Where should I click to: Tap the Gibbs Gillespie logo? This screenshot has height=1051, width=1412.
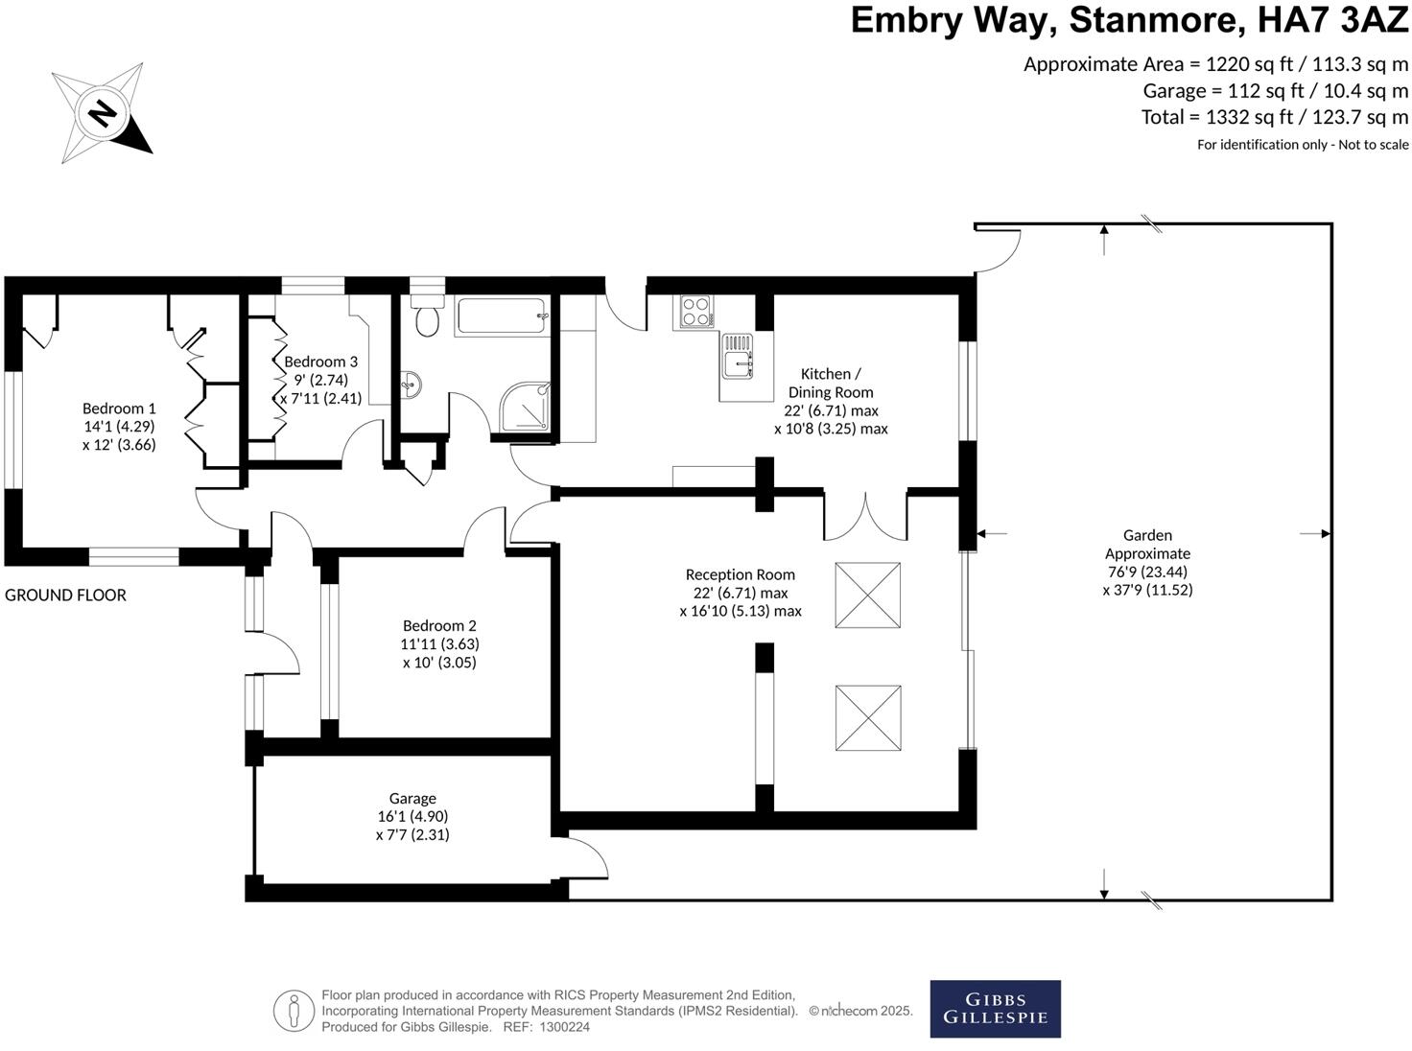coord(995,1009)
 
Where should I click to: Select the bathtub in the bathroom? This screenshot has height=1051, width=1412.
coord(501,316)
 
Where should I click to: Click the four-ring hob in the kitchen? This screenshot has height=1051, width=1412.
coord(695,311)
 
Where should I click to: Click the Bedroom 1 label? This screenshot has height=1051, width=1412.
coord(119,427)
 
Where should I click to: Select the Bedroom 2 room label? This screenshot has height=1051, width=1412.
coord(439,643)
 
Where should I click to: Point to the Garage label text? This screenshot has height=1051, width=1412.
coord(412,798)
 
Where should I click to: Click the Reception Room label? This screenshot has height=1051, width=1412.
coord(740,574)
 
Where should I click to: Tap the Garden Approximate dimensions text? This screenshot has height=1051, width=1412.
coord(1147,580)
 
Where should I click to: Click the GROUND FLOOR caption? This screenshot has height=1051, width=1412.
coord(65,596)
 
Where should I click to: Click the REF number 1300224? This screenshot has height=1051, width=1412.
coord(564,1027)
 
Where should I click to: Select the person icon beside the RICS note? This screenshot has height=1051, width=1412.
coord(294,1011)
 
